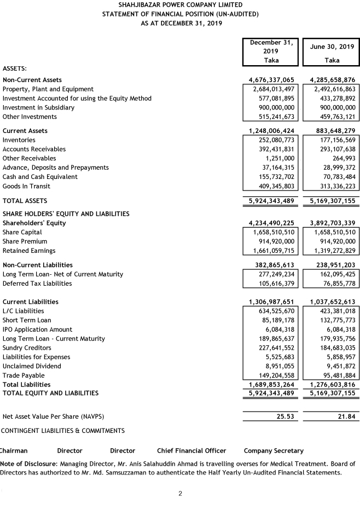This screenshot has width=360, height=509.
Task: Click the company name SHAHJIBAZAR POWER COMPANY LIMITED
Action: (x=180, y=4)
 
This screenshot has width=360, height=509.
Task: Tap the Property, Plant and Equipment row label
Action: (x=48, y=89)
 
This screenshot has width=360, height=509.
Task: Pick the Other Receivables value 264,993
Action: (x=343, y=158)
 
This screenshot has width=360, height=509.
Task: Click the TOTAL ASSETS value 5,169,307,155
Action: (x=332, y=201)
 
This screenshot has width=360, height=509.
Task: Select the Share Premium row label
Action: (x=25, y=241)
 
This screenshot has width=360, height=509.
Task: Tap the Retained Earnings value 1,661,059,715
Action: (x=271, y=251)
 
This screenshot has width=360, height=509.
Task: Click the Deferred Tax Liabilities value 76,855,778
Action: (x=335, y=284)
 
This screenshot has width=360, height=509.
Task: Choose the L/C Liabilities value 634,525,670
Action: (x=272, y=311)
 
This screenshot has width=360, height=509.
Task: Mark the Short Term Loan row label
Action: (x=27, y=320)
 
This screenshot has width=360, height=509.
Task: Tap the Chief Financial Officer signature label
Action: (x=191, y=451)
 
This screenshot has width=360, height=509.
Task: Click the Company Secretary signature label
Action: (x=274, y=451)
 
